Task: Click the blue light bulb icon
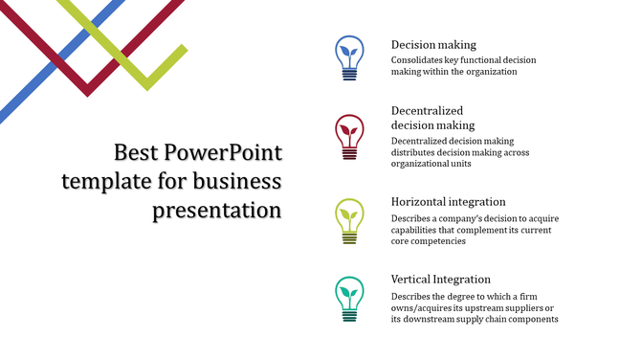click(x=349, y=57)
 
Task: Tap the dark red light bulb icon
click(x=349, y=136)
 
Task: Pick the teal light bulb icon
click(x=349, y=298)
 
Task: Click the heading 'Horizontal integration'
click(x=448, y=202)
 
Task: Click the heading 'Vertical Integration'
click(x=441, y=279)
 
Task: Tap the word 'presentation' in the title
click(x=217, y=210)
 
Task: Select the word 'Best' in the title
click(x=135, y=152)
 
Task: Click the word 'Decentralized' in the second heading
click(x=427, y=110)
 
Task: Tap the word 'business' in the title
click(x=235, y=181)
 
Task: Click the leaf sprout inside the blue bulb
click(x=349, y=51)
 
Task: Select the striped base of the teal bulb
click(x=349, y=313)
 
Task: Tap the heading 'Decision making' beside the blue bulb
click(x=433, y=44)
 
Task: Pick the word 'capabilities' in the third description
click(x=416, y=230)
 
